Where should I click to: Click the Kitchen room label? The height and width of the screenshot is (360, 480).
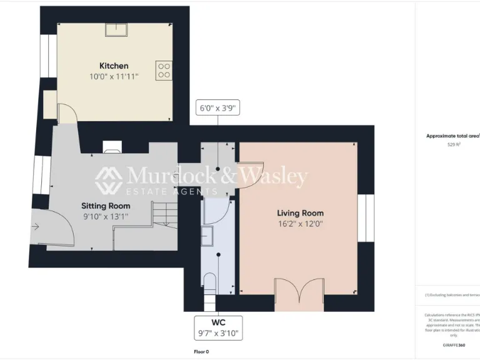(114, 66)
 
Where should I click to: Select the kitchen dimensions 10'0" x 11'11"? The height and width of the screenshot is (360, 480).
(114, 76)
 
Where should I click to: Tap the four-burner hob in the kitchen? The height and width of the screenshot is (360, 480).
(164, 69)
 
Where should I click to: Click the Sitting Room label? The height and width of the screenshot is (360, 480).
(106, 206)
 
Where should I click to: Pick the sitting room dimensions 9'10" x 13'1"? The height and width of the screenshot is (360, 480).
(106, 216)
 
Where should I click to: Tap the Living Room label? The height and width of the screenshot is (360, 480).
(300, 213)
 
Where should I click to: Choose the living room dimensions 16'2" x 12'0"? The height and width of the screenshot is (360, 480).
(300, 224)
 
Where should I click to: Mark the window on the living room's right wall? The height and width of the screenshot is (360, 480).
(365, 217)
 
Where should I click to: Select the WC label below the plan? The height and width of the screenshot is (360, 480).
(218, 322)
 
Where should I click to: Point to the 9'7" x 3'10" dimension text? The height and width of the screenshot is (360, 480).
(218, 333)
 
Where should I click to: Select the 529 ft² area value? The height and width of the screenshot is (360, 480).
(454, 144)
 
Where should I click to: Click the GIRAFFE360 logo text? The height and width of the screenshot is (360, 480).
(453, 345)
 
